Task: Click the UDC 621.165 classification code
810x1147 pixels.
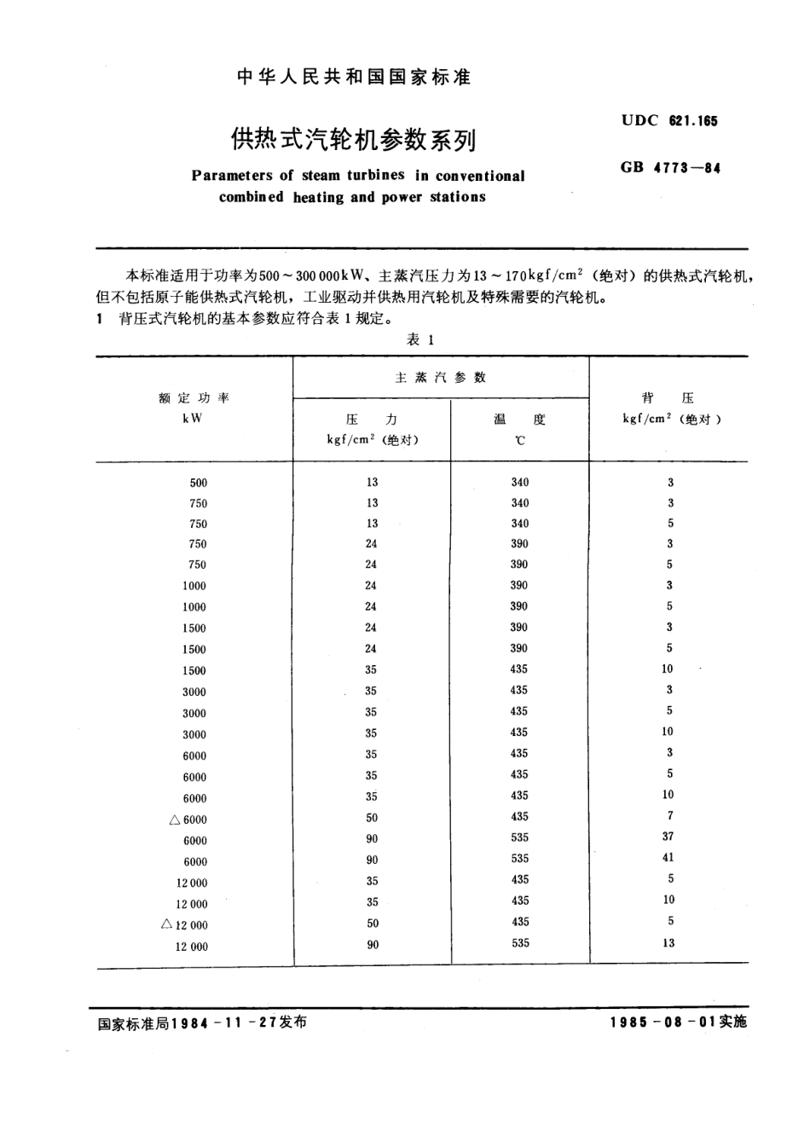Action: coord(669,120)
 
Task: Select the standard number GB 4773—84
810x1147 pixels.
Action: coord(670,168)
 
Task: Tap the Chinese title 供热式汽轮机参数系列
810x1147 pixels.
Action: coord(353,139)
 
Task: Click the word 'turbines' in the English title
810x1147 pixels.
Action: coord(375,176)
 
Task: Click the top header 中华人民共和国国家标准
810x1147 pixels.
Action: coord(352,78)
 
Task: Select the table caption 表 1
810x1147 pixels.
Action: coord(421,339)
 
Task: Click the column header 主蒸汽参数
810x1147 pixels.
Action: coord(440,377)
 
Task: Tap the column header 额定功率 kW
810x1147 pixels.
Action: coord(194,408)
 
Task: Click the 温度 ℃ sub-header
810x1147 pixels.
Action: coord(519,429)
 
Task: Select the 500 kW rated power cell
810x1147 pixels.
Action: coord(198,483)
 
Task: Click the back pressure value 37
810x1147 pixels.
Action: coord(668,837)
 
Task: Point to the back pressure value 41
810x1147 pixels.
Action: coord(668,857)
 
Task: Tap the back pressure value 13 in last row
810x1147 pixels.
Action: coord(668,943)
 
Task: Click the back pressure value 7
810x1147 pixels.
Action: coord(670,815)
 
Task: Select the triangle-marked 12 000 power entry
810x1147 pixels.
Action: coord(185,925)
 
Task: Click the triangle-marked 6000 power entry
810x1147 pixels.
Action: coord(188,820)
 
